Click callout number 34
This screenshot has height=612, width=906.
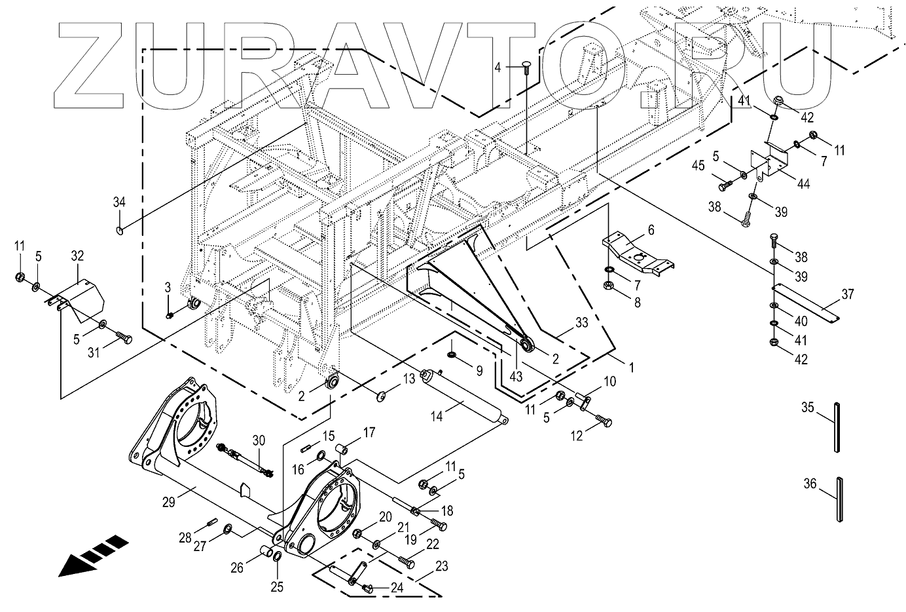tap(118, 202)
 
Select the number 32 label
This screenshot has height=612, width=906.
tap(78, 256)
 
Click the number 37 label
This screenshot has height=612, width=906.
tap(848, 294)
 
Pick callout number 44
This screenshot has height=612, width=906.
tap(803, 184)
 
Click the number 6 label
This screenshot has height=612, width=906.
tap(651, 229)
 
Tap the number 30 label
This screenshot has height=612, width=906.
tap(259, 440)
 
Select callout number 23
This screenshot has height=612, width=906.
tap(441, 565)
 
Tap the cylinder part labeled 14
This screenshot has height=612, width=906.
tap(465, 400)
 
